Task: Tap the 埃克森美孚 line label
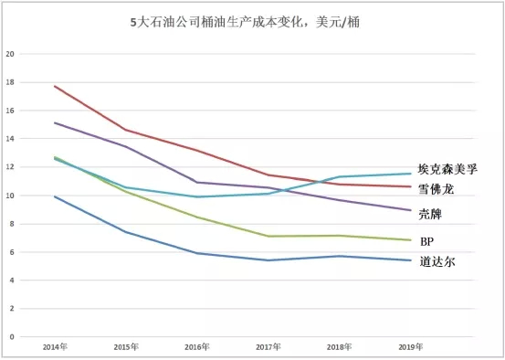tap(447, 169)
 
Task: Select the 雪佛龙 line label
tap(436, 189)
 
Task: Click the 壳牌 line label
tap(430, 212)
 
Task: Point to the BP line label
tap(426, 241)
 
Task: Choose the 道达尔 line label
tap(436, 261)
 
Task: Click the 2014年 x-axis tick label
tap(54, 347)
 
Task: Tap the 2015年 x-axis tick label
tap(126, 347)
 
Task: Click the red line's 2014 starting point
tap(55, 86)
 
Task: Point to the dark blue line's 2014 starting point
tap(55, 196)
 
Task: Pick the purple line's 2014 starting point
tap(55, 122)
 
